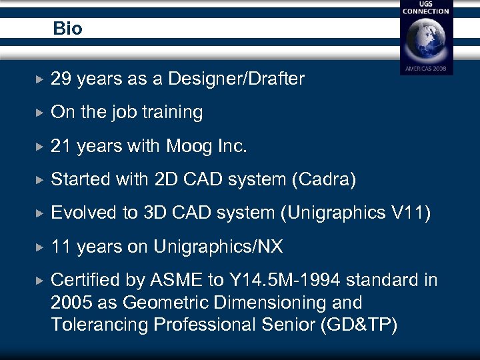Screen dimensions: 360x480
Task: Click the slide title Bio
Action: pyautogui.click(x=68, y=29)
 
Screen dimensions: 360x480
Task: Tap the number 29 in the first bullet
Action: pyautogui.click(x=61, y=79)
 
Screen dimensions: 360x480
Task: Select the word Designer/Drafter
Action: pyautogui.click(x=237, y=79)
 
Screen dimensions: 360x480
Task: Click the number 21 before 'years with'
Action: pyautogui.click(x=61, y=145)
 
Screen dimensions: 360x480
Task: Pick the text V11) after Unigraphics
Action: pyautogui.click(x=411, y=213)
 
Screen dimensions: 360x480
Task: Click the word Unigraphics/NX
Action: pyautogui.click(x=218, y=247)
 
